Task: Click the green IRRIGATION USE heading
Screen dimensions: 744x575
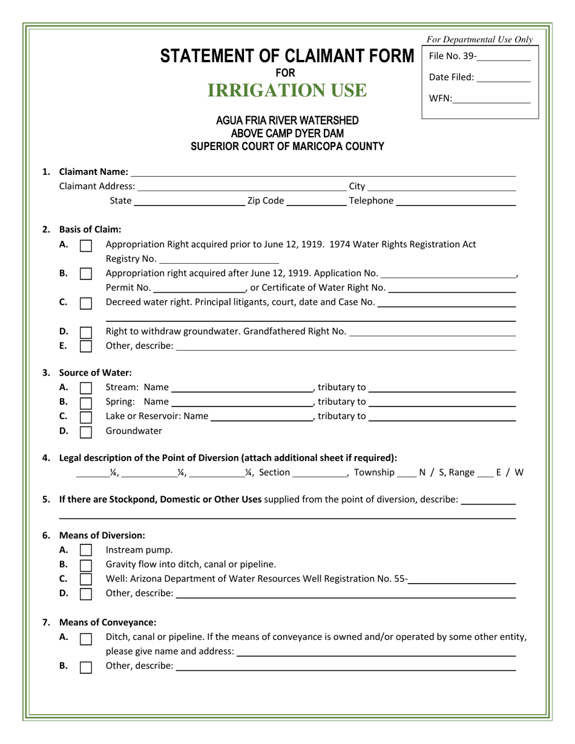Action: click(x=287, y=91)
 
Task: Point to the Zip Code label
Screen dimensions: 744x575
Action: click(x=265, y=201)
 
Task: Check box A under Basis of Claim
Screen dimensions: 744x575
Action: click(x=87, y=246)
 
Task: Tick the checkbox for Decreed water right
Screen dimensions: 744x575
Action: click(x=87, y=302)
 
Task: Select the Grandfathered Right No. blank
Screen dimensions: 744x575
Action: click(x=433, y=332)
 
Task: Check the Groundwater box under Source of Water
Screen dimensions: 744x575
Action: click(x=87, y=432)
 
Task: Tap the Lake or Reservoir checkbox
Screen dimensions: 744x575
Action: click(x=87, y=417)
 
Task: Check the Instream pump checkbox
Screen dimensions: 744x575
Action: click(x=87, y=550)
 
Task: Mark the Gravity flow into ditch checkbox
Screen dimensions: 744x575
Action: click(x=87, y=565)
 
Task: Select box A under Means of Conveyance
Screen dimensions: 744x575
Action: click(x=87, y=638)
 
